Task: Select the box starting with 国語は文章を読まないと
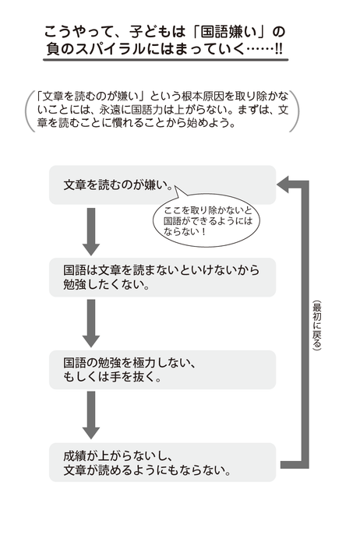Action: pos(162,277)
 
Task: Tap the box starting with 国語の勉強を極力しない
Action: pos(162,370)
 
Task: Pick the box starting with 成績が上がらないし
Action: pos(162,462)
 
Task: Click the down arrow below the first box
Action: pos(91,231)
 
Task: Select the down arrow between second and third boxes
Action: pos(91,323)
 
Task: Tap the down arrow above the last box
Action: pos(91,415)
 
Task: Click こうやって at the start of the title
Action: pos(74,32)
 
